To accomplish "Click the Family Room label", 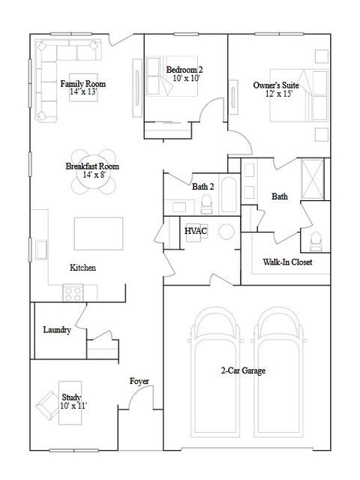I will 83,83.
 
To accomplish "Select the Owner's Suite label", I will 277,85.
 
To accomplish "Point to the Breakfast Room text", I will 92,166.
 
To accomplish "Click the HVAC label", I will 196,231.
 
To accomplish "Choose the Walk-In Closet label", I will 287,262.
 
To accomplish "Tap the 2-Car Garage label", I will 244,370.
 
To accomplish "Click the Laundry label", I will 57,329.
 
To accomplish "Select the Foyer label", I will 139,382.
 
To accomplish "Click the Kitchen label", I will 82,268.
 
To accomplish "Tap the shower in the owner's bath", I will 312,177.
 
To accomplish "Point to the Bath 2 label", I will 203,187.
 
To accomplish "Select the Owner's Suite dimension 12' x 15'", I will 277,94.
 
